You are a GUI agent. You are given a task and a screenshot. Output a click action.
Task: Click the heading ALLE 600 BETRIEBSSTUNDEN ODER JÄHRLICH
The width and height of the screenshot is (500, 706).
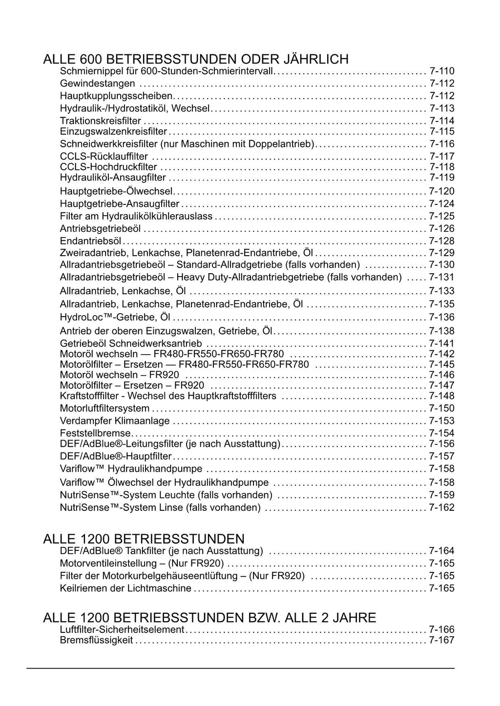tap(196, 60)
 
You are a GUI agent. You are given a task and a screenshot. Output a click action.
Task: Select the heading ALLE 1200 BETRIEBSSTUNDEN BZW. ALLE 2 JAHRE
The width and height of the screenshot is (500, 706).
tap(209, 618)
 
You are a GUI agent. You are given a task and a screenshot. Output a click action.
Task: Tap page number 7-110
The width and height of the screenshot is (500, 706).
tap(442, 71)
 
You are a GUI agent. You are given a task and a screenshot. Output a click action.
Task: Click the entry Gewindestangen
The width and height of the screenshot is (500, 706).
tap(97, 83)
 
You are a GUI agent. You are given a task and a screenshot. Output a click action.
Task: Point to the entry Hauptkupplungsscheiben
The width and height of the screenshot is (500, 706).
tap(116, 96)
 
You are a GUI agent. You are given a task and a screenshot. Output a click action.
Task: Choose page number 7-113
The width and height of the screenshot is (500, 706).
tap(442, 108)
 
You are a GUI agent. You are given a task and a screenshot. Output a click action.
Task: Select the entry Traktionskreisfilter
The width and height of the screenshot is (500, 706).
tap(100, 121)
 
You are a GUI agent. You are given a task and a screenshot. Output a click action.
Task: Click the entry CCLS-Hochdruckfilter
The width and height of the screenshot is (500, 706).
tap(108, 167)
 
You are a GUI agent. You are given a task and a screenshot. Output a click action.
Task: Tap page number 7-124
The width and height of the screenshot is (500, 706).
tap(442, 204)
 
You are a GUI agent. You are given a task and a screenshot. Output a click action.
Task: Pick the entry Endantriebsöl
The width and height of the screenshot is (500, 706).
tap(90, 241)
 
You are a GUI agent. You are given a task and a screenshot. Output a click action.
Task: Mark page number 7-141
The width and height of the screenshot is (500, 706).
tap(442, 343)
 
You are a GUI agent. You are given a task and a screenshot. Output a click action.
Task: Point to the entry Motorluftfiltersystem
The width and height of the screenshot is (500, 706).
tap(104, 408)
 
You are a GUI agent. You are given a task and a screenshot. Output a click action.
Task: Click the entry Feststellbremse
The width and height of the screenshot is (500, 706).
tap(95, 433)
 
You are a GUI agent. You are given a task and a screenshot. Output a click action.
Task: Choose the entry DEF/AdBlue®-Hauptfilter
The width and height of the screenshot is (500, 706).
tap(116, 456)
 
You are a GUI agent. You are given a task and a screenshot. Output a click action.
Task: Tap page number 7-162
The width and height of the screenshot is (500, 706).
tap(442, 508)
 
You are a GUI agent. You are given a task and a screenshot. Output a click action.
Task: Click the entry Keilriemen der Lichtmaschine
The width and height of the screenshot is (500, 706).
tap(125, 588)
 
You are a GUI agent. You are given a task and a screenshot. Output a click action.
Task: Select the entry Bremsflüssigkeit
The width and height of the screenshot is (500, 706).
tap(96, 640)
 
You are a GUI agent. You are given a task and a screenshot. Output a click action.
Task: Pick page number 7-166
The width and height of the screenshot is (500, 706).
tap(442, 630)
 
